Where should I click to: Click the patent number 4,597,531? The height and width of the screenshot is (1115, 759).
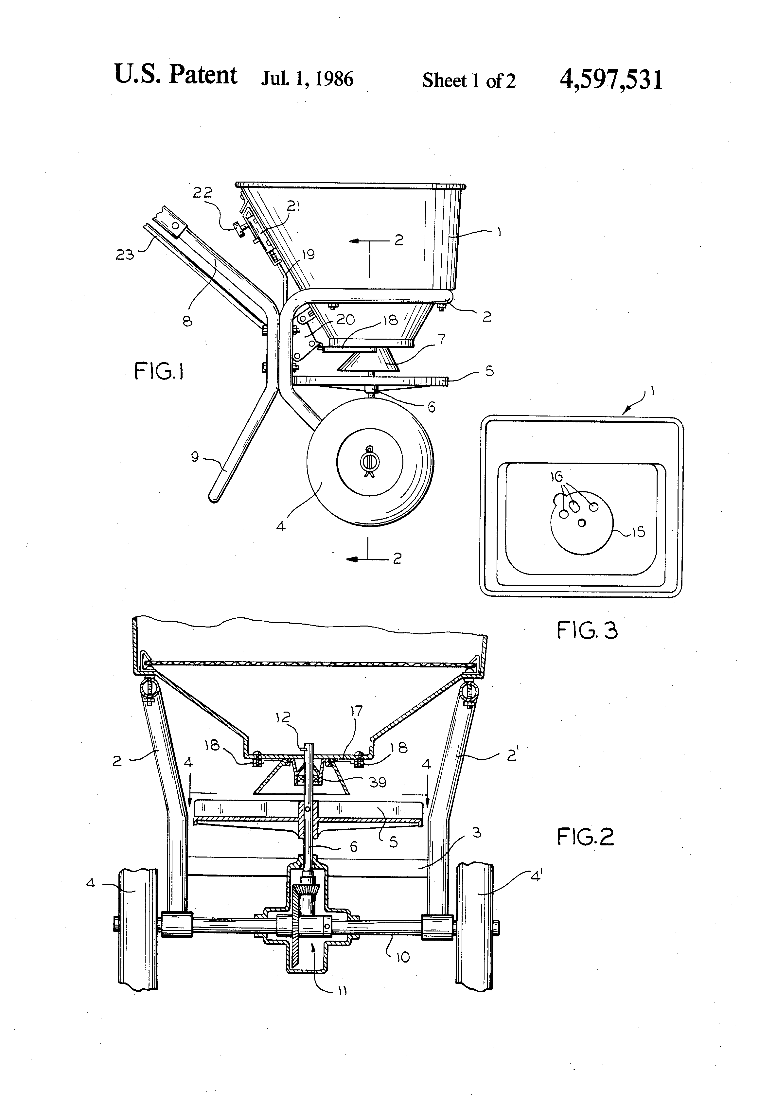pyautogui.click(x=611, y=80)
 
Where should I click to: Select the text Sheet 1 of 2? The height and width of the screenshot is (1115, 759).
pyautogui.click(x=469, y=80)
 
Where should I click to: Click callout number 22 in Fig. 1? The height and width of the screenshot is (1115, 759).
pyautogui.click(x=203, y=193)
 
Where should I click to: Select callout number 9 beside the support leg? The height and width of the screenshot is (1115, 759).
pyautogui.click(x=195, y=456)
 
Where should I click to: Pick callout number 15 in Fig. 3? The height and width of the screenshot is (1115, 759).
pyautogui.click(x=638, y=532)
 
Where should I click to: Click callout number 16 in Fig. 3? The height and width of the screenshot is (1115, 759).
pyautogui.click(x=556, y=476)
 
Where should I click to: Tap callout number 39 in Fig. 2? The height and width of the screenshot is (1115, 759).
pyautogui.click(x=378, y=783)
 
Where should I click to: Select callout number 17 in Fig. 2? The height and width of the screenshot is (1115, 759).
pyautogui.click(x=357, y=711)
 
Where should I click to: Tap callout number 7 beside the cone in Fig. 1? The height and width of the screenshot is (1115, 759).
pyautogui.click(x=441, y=339)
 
